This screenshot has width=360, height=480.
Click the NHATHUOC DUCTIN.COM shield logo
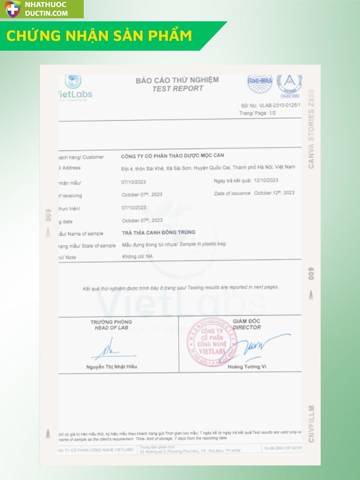click(x=12, y=9)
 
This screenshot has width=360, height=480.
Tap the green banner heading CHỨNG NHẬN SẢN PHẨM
click(x=99, y=36)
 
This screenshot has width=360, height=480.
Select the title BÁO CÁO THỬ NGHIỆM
click(x=177, y=80)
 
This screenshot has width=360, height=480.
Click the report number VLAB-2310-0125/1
click(x=279, y=105)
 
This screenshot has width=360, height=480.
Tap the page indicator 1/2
click(x=272, y=113)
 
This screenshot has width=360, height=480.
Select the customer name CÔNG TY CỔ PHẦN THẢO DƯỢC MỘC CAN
click(x=172, y=155)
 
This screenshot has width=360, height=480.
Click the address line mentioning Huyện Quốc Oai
click(x=208, y=168)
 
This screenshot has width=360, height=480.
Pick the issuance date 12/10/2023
click(x=266, y=180)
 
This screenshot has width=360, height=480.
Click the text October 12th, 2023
click(x=274, y=193)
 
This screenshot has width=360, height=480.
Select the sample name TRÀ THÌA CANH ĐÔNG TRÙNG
click(x=158, y=232)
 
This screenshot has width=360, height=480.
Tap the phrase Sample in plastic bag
click(x=203, y=244)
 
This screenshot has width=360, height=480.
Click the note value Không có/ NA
click(x=138, y=256)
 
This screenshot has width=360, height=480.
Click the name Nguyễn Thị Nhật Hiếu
click(x=112, y=366)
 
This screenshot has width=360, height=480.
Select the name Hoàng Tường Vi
click(x=247, y=366)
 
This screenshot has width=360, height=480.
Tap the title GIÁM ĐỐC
click(x=246, y=321)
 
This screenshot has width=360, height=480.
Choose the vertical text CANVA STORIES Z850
click(x=311, y=129)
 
